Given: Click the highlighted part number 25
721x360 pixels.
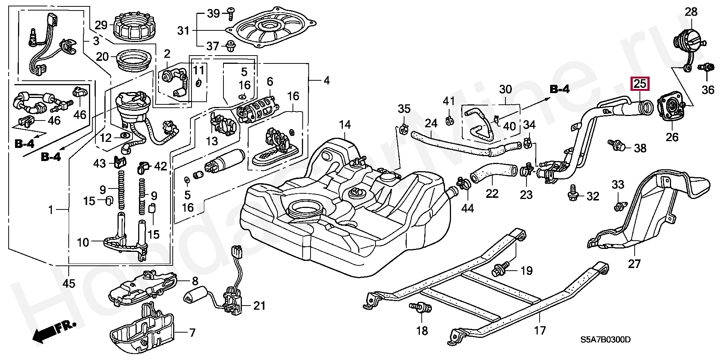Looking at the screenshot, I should tap(640, 84).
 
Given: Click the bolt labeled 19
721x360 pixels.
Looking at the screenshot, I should tap(500, 269).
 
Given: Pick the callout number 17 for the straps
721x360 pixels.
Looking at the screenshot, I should tap(540, 331).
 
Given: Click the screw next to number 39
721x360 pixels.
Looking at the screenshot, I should tap(230, 14).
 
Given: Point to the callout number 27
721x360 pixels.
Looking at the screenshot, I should tap(634, 264).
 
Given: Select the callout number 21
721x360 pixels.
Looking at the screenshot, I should tap(259, 306).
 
